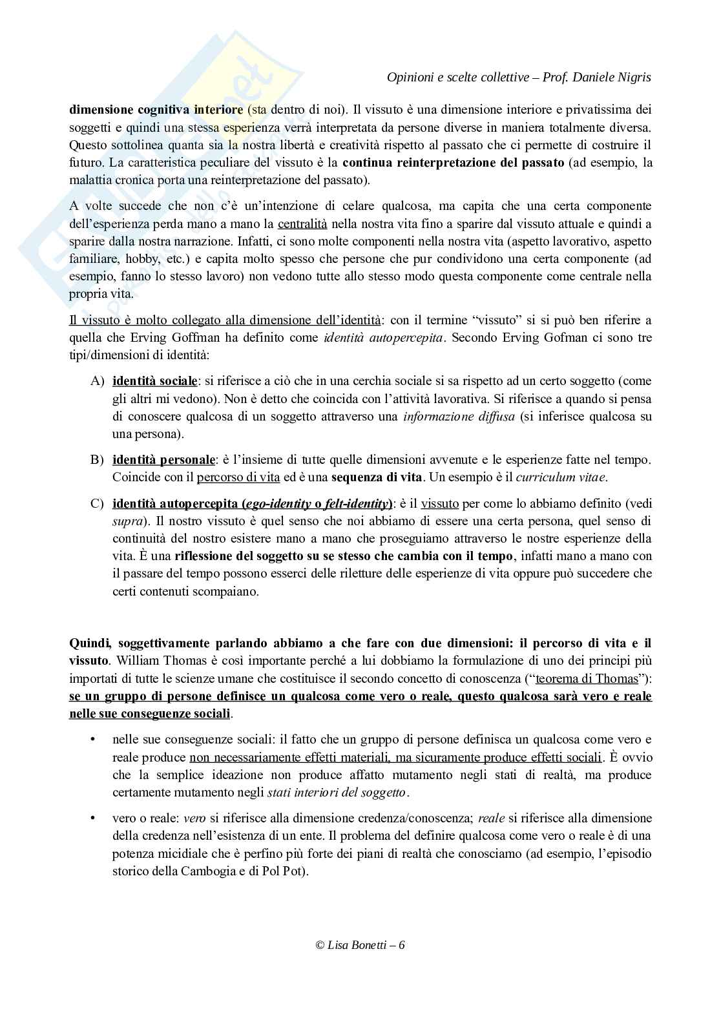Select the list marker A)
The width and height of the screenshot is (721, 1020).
pyautogui.click(x=97, y=381)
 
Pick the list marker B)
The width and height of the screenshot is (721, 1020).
pyautogui.click(x=97, y=460)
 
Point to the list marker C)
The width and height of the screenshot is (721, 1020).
pyautogui.click(x=97, y=504)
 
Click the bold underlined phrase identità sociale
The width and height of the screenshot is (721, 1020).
pyautogui.click(x=154, y=381)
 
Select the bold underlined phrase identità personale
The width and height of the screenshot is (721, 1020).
pyautogui.click(x=163, y=460)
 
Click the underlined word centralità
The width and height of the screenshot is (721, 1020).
pyautogui.click(x=302, y=224)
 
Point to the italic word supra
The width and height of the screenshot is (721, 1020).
pyautogui.click(x=125, y=521)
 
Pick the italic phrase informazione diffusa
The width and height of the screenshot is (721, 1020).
pyautogui.click(x=459, y=417)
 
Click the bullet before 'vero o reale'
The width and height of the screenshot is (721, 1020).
pyautogui.click(x=94, y=818)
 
